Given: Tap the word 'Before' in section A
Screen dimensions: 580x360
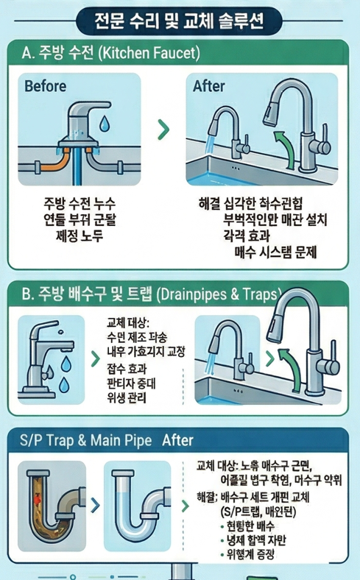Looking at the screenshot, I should [45, 87].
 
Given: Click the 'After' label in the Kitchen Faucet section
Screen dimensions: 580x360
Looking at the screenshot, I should [208, 87].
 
